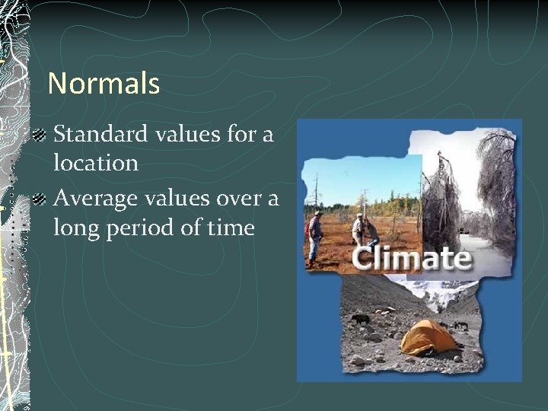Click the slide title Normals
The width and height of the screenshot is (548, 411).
coord(104,83)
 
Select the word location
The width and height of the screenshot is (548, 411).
coord(95,163)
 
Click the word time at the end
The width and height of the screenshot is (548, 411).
coord(229,227)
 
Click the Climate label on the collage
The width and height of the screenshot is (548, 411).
coord(412,258)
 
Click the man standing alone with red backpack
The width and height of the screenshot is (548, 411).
coord(314,236)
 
